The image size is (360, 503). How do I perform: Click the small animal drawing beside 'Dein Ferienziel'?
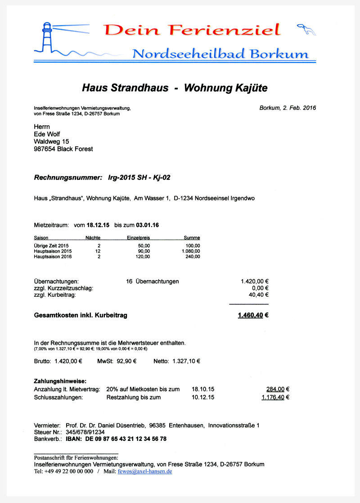point(306,30)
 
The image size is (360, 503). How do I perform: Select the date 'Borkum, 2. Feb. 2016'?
point(288,108)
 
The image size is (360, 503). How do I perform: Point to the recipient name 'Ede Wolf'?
point(47,134)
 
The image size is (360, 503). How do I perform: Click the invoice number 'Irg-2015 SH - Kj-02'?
point(139,177)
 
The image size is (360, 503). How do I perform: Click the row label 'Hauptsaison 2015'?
point(53,251)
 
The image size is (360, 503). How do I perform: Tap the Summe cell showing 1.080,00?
point(191,251)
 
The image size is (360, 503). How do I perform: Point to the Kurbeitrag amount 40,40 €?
point(259,295)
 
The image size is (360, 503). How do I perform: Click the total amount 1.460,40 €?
point(253,315)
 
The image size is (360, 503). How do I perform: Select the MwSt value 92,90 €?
point(126,361)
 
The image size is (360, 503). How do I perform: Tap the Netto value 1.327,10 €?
point(186,361)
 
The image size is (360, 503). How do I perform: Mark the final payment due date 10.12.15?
point(203,397)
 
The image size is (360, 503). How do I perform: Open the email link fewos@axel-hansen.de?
point(145,471)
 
